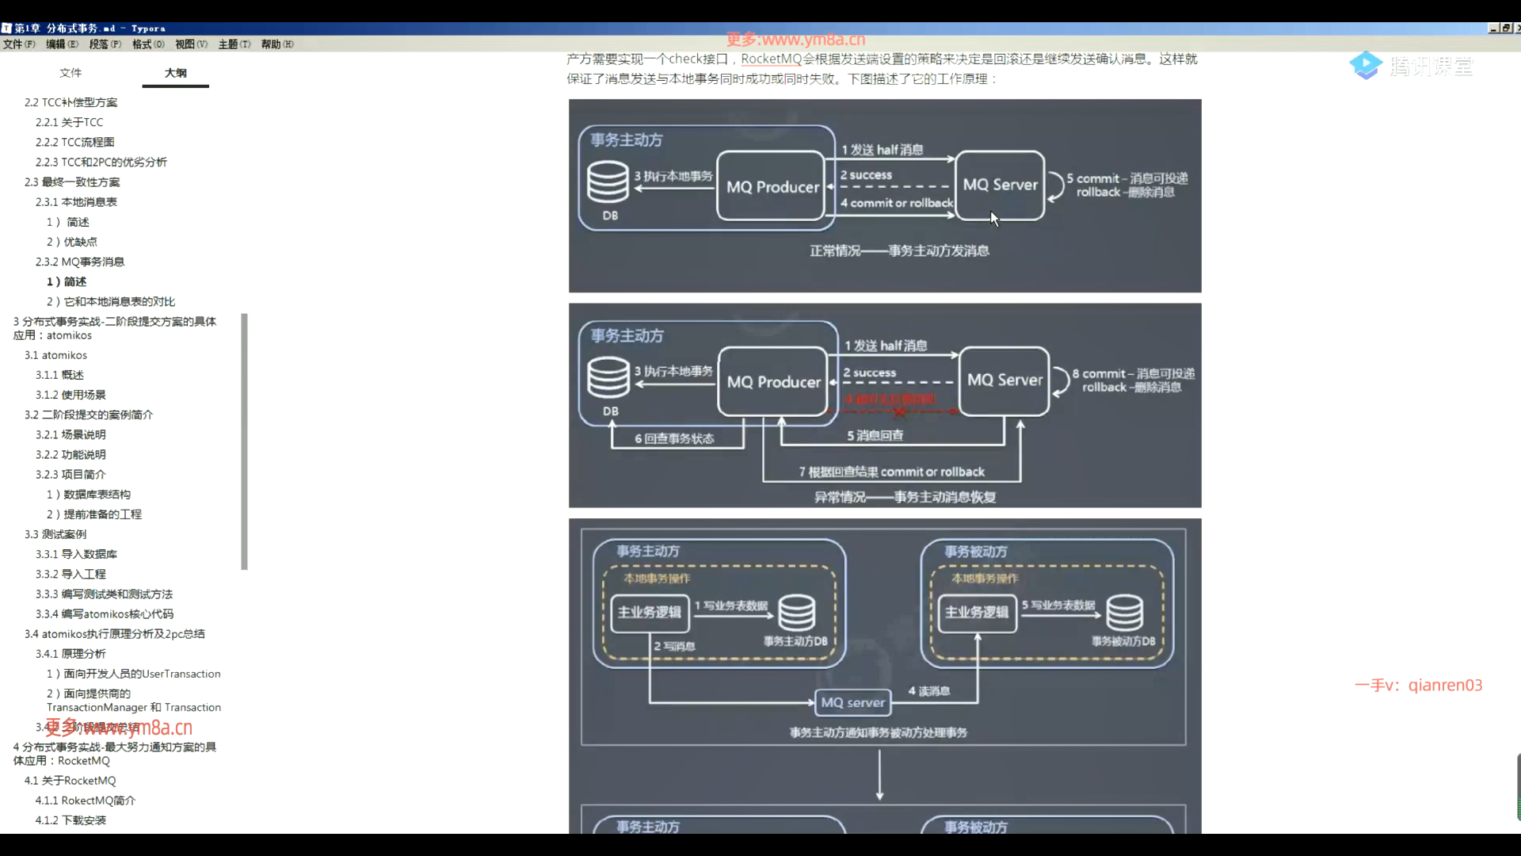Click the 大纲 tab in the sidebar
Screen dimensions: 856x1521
pos(175,73)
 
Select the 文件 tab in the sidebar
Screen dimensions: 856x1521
pos(71,73)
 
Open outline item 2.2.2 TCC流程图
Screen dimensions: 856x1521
pos(74,142)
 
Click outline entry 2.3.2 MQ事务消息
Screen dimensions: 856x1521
pos(79,262)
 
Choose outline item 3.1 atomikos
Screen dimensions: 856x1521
pos(55,355)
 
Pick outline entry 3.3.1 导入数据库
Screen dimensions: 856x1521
pos(76,554)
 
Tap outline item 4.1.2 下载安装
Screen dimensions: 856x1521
pos(71,820)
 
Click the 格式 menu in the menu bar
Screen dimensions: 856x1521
pos(148,44)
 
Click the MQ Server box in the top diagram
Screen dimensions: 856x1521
pos(1000,185)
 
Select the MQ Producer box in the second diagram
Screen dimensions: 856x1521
pos(773,382)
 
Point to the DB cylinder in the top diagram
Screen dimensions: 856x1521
pos(608,182)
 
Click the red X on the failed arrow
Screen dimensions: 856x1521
pos(899,411)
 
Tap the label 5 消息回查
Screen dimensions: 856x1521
pos(875,436)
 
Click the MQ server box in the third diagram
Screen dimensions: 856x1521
pos(852,702)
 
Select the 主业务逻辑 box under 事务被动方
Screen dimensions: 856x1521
pos(976,613)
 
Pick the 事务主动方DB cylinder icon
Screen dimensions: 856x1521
pos(796,613)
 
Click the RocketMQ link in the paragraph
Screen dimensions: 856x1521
pos(772,59)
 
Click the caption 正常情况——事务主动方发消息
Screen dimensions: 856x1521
pos(899,251)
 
